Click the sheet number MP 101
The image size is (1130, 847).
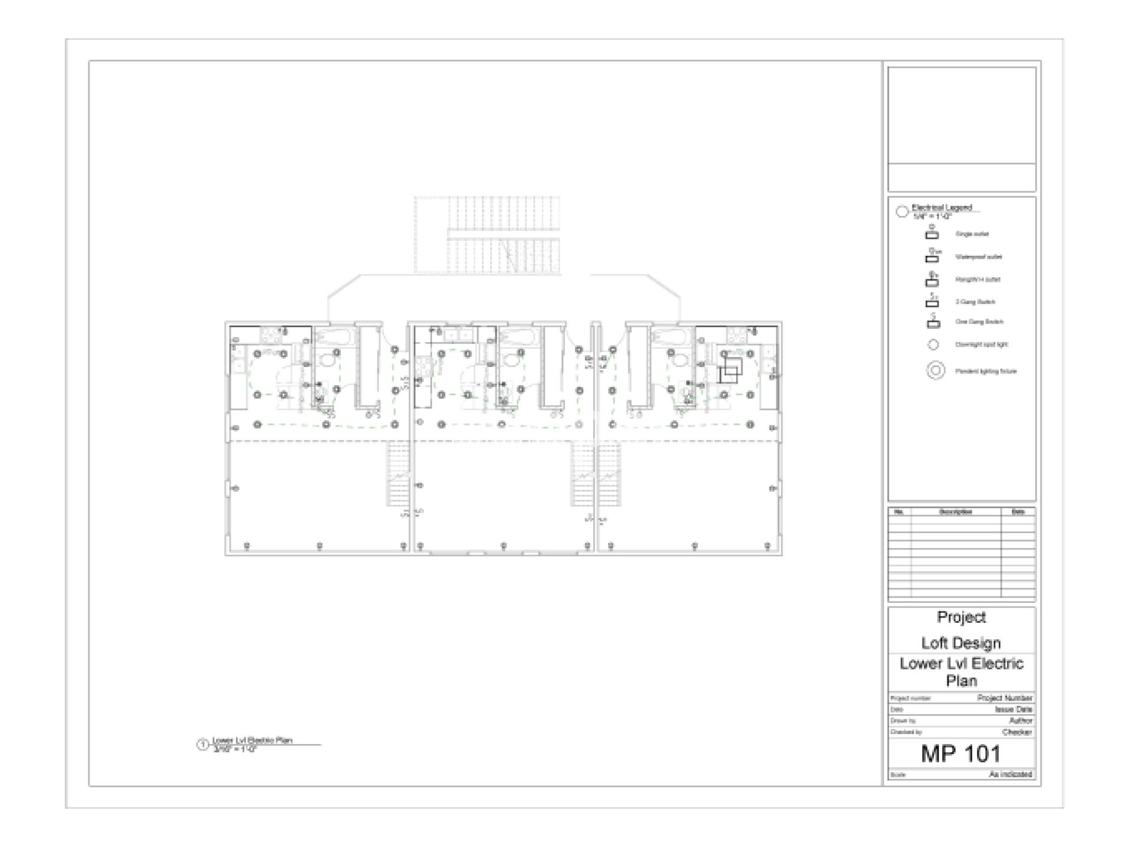[x=960, y=753]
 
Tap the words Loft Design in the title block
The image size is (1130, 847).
[x=960, y=643]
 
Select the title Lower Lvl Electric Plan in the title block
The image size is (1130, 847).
[x=961, y=672]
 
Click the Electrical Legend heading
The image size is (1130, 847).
[x=942, y=208]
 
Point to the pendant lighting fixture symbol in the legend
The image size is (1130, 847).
[x=936, y=371]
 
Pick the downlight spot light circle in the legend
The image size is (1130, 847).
[x=933, y=345]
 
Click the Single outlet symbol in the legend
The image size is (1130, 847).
[x=932, y=234]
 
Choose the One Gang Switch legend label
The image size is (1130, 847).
[x=979, y=322]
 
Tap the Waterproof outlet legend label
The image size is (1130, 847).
[x=978, y=256]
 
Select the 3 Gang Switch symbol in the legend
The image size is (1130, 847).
[x=932, y=302]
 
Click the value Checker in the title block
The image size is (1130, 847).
[x=1017, y=732]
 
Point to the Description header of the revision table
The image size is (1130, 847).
[x=956, y=512]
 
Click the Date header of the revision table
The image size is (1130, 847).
[x=1018, y=512]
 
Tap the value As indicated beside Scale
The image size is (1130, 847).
[x=1011, y=774]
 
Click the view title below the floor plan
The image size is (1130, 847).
[x=252, y=741]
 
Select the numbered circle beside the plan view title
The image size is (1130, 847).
[x=202, y=745]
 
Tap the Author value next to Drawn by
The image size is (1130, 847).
[x=1021, y=721]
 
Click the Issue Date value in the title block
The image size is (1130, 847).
[x=1013, y=709]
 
